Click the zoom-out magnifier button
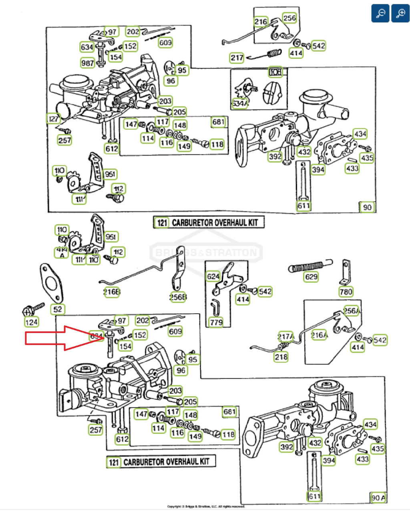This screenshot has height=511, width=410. [x=380, y=13]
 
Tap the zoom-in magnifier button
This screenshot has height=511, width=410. [x=400, y=13]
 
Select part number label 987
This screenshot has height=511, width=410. [x=87, y=62]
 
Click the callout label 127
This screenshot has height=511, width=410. [x=53, y=118]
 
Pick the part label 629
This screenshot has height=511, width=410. [x=311, y=277]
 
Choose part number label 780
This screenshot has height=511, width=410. [x=346, y=292]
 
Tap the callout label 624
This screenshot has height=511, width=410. [x=213, y=277]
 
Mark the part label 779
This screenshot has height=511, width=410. [x=216, y=322]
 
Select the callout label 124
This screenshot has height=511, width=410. [x=31, y=322]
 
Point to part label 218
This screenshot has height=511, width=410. [x=281, y=357]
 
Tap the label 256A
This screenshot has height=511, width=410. [x=352, y=311]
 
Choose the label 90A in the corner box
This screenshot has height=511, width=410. [x=378, y=498]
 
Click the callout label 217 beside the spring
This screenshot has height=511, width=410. [x=237, y=58]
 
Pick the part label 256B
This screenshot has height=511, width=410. [x=178, y=297]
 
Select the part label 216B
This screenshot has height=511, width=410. [x=112, y=292]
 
